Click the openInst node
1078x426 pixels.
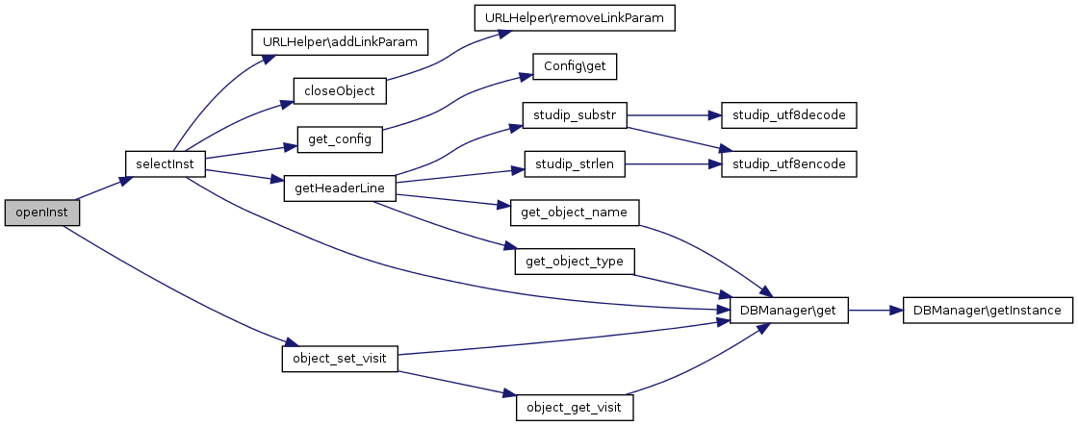point(41,213)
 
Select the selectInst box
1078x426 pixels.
point(166,164)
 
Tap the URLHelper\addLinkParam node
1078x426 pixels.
point(339,42)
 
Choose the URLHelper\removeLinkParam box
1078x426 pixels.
point(575,17)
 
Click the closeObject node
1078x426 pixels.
point(340,91)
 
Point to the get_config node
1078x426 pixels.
point(340,139)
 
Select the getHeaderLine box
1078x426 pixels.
point(340,188)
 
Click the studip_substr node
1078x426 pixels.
point(575,115)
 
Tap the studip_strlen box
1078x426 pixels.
point(575,164)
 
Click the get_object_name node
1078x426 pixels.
point(575,213)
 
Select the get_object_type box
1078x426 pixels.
point(575,262)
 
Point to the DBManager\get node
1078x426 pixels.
point(788,311)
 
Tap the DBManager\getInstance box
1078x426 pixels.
point(988,311)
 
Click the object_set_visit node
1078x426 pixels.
point(340,359)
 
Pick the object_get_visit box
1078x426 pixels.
point(575,408)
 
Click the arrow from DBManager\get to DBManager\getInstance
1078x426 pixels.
point(875,311)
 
